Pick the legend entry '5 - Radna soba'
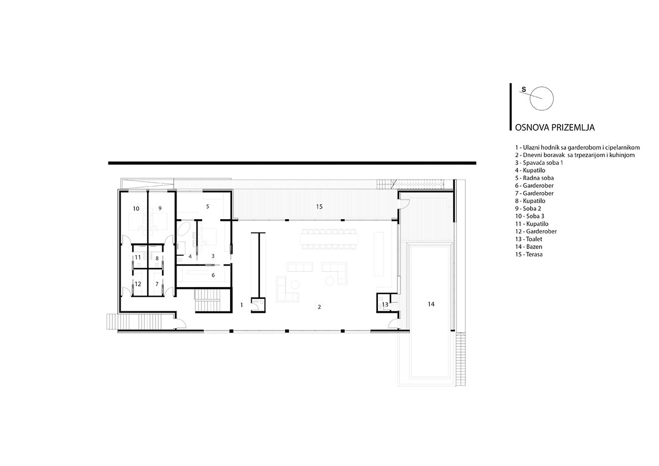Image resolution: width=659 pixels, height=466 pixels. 535,178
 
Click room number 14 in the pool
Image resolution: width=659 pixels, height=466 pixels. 431,304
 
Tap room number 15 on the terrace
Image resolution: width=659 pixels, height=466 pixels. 319,206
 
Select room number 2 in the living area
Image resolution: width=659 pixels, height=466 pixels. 319,307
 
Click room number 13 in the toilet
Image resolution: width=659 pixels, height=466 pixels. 385,304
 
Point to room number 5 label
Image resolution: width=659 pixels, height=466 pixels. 207,206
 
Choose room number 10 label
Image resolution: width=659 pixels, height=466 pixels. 136,209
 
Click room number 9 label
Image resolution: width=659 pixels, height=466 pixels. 160,208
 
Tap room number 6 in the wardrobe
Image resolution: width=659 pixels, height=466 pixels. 213,275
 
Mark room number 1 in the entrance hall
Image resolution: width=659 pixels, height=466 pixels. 242,305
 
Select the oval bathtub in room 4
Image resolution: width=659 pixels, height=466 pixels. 184,230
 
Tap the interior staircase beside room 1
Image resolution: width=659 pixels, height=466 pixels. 207,301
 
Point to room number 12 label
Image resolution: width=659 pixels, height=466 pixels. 138,284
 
